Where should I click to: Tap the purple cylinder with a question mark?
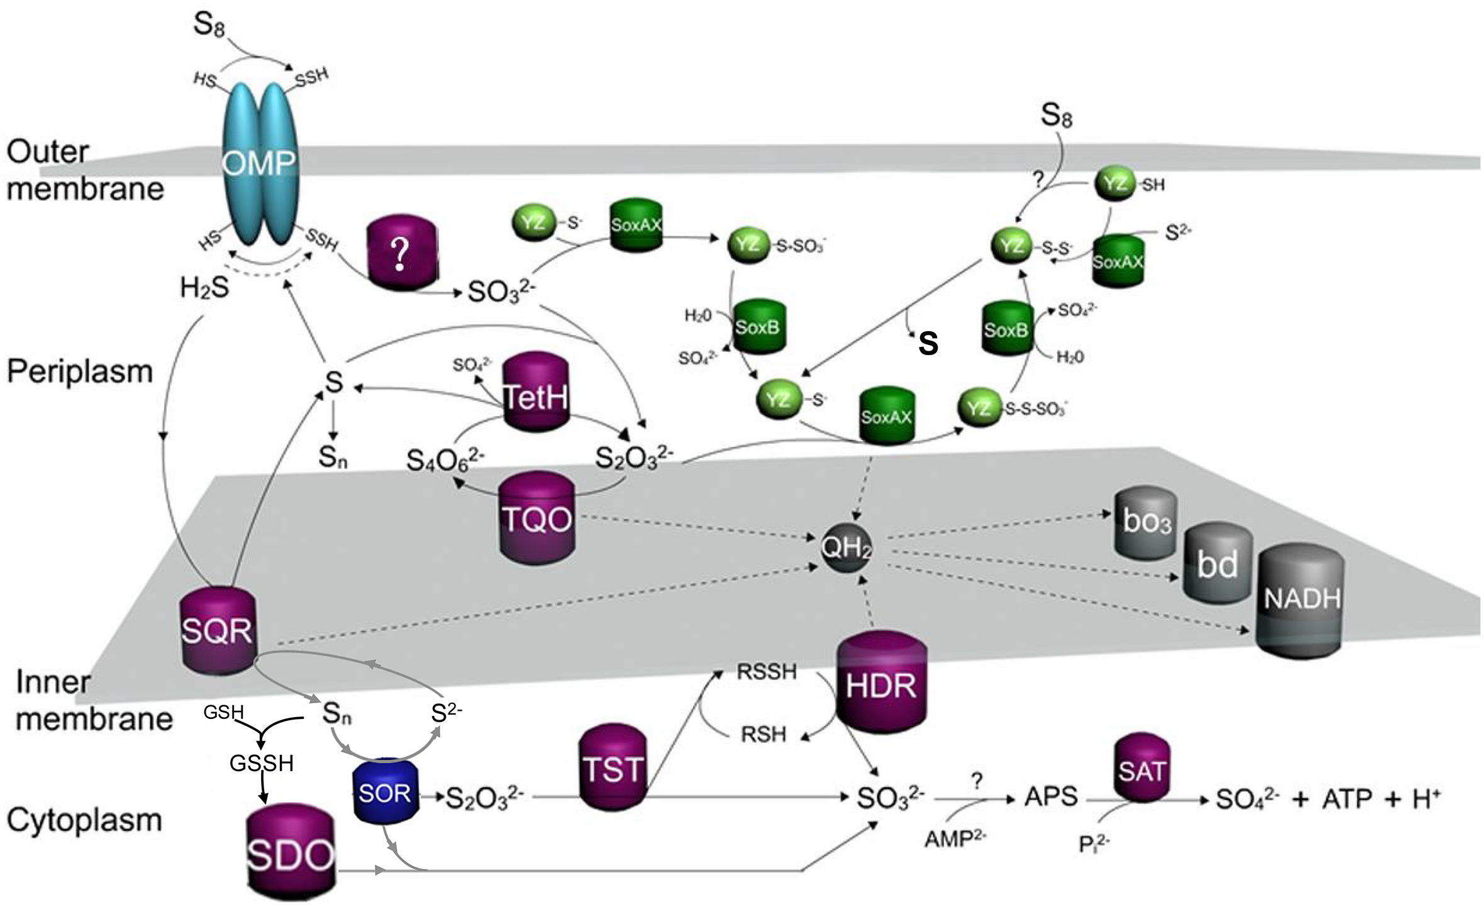(401, 254)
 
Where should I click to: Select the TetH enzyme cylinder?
(536, 393)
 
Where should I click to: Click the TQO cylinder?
(536, 518)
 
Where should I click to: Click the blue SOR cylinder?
(384, 793)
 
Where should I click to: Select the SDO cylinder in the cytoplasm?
(289, 855)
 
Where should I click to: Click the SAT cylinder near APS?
(1141, 770)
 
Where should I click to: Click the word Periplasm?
(80, 371)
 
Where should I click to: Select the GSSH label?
(262, 763)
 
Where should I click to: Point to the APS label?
(1051, 797)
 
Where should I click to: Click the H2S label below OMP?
(204, 288)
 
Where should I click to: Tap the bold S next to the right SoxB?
(928, 343)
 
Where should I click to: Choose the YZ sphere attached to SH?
(1114, 184)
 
